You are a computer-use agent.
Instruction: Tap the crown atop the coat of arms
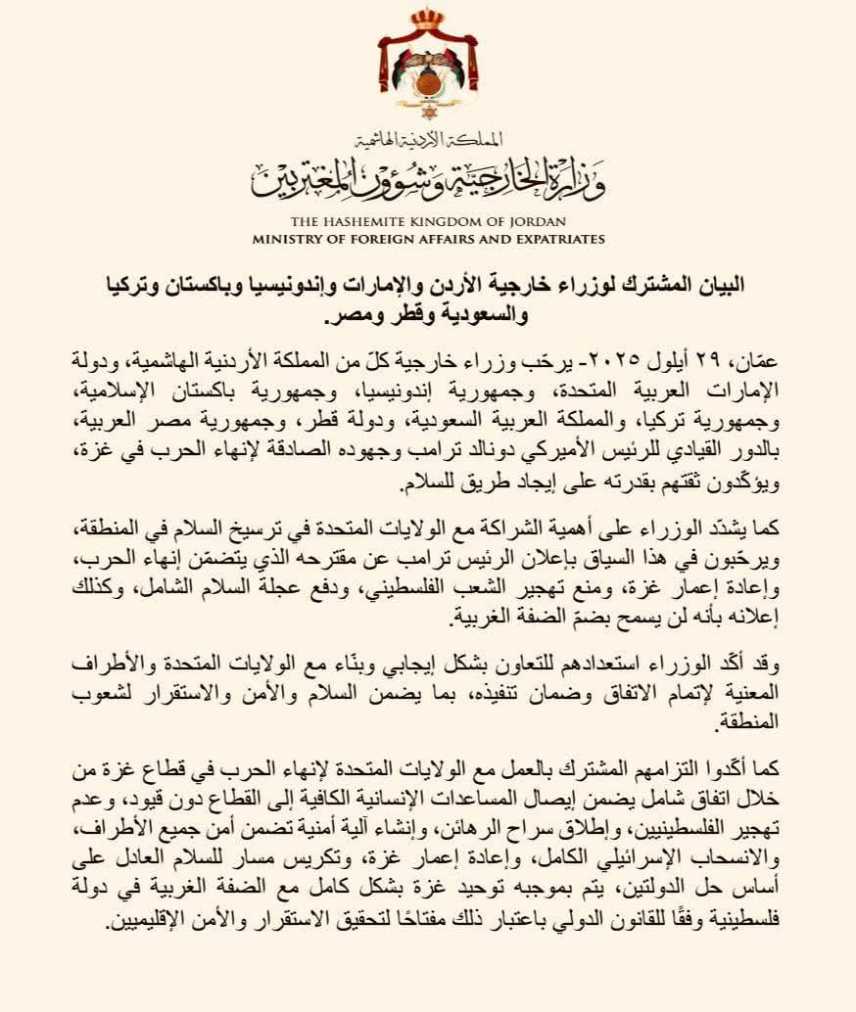pyautogui.click(x=427, y=20)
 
